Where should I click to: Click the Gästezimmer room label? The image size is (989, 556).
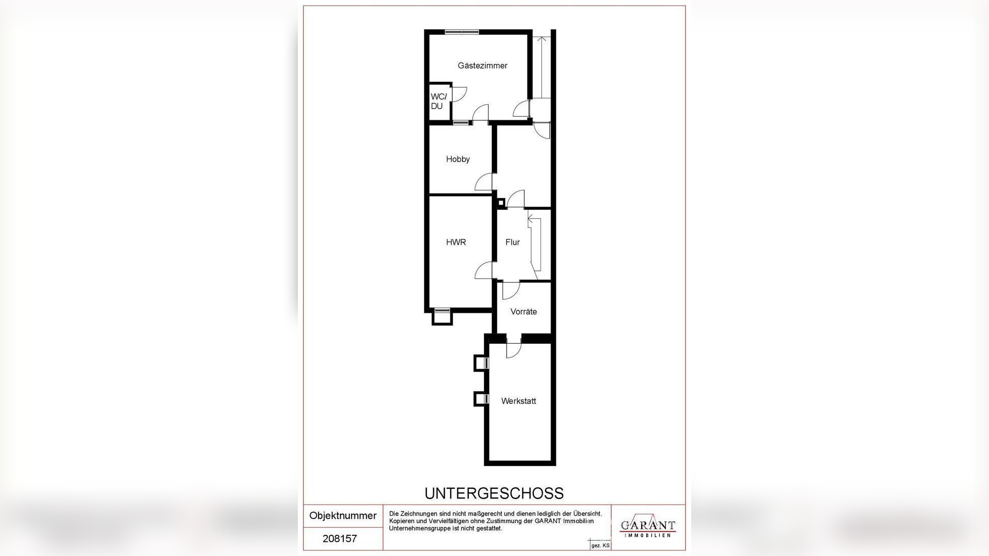click(482, 66)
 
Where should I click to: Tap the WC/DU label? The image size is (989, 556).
click(438, 101)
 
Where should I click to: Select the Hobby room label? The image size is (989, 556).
click(458, 159)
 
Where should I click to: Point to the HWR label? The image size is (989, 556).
click(456, 242)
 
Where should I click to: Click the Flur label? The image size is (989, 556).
click(512, 242)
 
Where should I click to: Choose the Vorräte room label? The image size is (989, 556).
click(523, 312)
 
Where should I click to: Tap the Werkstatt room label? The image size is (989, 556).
click(518, 401)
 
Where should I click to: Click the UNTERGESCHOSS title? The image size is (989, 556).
click(493, 493)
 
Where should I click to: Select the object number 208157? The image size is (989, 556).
click(340, 539)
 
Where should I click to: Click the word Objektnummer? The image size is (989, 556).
click(343, 516)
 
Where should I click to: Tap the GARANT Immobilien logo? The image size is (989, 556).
click(648, 526)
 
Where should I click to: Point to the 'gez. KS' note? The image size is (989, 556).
click(601, 546)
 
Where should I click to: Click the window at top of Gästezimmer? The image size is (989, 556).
click(462, 32)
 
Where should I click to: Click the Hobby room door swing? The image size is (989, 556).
click(483, 182)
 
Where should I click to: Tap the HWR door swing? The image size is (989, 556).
click(483, 270)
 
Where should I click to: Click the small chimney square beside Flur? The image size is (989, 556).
click(501, 203)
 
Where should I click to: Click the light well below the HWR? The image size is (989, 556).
click(442, 317)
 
